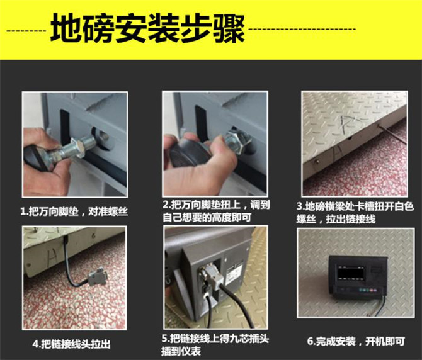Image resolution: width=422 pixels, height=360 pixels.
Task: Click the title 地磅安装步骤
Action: pos(147,28)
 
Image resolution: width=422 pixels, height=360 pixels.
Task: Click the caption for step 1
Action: pos(74,211)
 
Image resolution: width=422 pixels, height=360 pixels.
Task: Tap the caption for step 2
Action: pos(216,211)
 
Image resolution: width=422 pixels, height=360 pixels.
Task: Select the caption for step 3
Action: pos(355,213)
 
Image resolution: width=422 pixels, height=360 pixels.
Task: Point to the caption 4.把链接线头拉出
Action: pos(72,344)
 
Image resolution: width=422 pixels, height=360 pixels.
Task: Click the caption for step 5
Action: pos(215,345)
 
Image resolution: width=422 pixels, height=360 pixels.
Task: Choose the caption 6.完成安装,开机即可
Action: pos(356,342)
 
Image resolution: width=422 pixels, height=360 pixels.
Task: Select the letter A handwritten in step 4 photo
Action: pos(52,257)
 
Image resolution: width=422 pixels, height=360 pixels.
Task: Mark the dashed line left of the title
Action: pos(26,31)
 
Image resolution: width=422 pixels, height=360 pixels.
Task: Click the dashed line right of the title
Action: pos(302,29)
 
